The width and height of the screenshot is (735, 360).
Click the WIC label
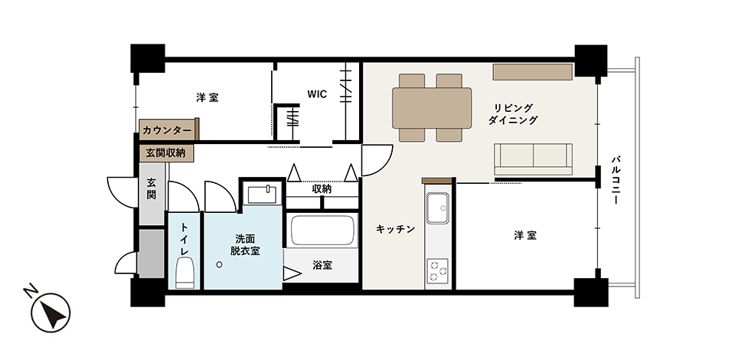click(x=317, y=93)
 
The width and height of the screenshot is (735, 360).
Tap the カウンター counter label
click(x=167, y=130)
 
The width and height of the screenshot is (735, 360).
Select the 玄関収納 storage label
click(x=165, y=153)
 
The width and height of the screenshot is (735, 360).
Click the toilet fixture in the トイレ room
click(x=185, y=273)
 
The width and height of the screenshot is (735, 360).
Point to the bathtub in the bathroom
click(x=322, y=230)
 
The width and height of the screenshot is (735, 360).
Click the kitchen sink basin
click(x=437, y=208)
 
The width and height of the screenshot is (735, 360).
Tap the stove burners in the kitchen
click(x=437, y=270)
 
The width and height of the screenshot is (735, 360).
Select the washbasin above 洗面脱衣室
click(x=262, y=194)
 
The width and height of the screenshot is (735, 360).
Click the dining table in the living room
click(x=432, y=108)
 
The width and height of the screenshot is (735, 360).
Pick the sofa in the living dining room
click(x=534, y=159)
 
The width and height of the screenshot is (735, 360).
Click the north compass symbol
click(x=50, y=311)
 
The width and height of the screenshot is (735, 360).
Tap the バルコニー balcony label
click(x=616, y=180)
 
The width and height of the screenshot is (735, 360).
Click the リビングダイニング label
click(x=513, y=114)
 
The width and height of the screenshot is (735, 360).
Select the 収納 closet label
click(x=322, y=189)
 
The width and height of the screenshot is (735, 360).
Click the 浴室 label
click(x=322, y=265)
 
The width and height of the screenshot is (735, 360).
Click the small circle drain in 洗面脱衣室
click(x=220, y=265)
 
